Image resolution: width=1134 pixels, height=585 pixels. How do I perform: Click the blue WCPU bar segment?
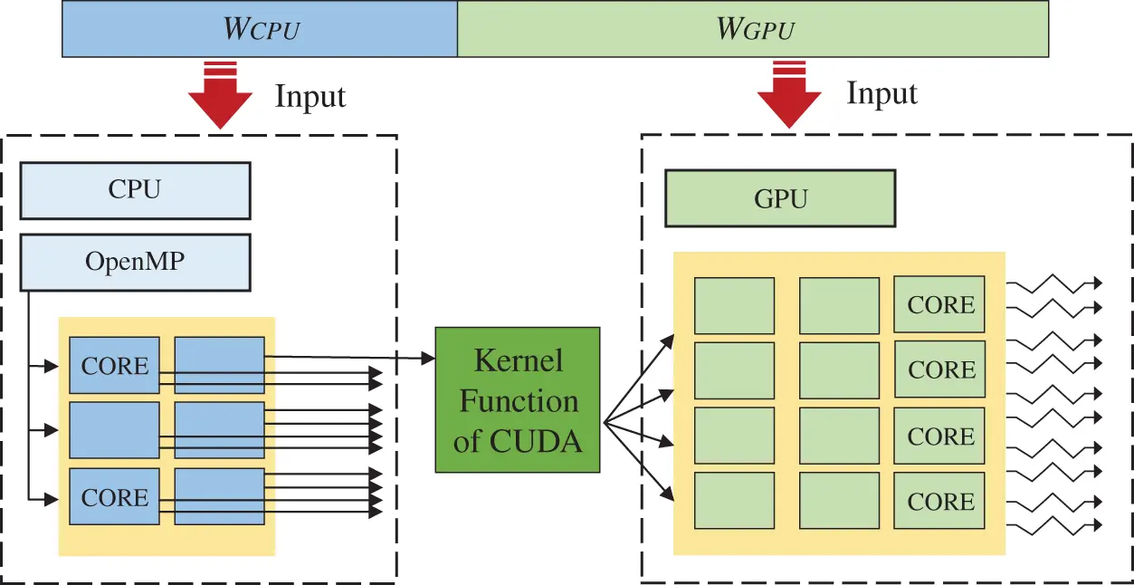coord(260,30)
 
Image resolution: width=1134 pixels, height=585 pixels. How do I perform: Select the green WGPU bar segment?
coord(753,30)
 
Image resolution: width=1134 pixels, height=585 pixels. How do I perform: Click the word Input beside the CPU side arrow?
coord(310,96)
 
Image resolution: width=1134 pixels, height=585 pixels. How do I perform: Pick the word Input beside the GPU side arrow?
coord(882,93)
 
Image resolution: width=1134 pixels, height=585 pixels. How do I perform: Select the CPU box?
coord(135,190)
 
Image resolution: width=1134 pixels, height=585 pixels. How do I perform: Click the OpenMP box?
coord(135,263)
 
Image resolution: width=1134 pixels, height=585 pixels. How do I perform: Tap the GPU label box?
coord(780,199)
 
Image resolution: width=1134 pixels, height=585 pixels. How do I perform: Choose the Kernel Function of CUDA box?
coord(518,399)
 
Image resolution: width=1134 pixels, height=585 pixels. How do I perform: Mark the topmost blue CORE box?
coord(114,366)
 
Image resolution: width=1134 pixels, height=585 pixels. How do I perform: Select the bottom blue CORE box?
coord(114,497)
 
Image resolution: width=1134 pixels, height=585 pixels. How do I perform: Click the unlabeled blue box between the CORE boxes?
coord(114,430)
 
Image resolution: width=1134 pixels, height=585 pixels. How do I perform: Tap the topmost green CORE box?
coord(940,305)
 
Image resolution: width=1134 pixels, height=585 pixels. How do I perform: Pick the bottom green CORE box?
coord(940,501)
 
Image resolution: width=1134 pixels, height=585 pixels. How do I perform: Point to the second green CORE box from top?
coord(940,370)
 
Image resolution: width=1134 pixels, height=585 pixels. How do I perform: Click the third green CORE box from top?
coord(940,436)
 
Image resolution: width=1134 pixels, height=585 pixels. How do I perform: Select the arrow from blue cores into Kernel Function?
coord(353,357)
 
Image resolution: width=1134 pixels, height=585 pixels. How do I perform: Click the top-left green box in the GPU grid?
coord(734,305)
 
